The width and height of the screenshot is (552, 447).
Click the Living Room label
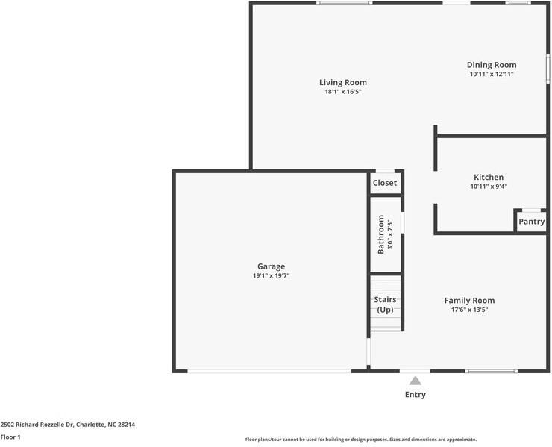(343, 82)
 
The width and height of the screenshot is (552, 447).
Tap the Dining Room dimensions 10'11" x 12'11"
(492, 74)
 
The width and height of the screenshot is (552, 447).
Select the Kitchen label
(489, 177)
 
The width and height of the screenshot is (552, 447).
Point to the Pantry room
(531, 222)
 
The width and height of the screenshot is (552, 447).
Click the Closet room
(385, 183)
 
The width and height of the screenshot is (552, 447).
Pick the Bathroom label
(381, 234)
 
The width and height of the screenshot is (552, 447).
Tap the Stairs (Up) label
(385, 304)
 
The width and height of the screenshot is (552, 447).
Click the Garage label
(271, 266)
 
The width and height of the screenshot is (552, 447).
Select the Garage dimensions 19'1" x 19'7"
(271, 276)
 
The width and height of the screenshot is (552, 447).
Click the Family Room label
(469, 301)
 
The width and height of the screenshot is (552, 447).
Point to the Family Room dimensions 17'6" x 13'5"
(469, 310)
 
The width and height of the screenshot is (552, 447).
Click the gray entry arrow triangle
(415, 381)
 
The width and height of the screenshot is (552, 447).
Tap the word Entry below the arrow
(415, 395)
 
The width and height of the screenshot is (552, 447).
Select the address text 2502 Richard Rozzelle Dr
(37, 425)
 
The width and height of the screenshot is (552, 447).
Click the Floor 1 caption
(10, 437)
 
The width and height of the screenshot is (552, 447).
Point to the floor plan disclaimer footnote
(361, 440)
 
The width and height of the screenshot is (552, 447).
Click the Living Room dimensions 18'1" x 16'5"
(343, 92)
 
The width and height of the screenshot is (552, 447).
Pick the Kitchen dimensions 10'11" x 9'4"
(489, 187)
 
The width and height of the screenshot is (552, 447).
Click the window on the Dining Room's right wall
(548, 69)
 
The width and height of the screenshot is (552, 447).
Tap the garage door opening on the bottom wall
(269, 372)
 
